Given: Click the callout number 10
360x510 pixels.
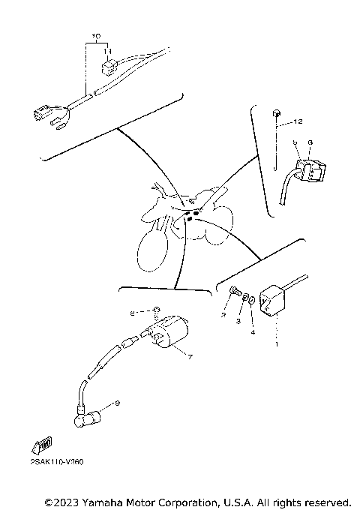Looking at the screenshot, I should tap(95, 36).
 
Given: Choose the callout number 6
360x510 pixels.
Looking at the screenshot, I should tap(310, 142).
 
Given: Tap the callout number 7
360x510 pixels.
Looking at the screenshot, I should tap(190, 357).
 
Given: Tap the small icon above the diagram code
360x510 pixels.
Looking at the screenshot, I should tap(43, 445).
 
